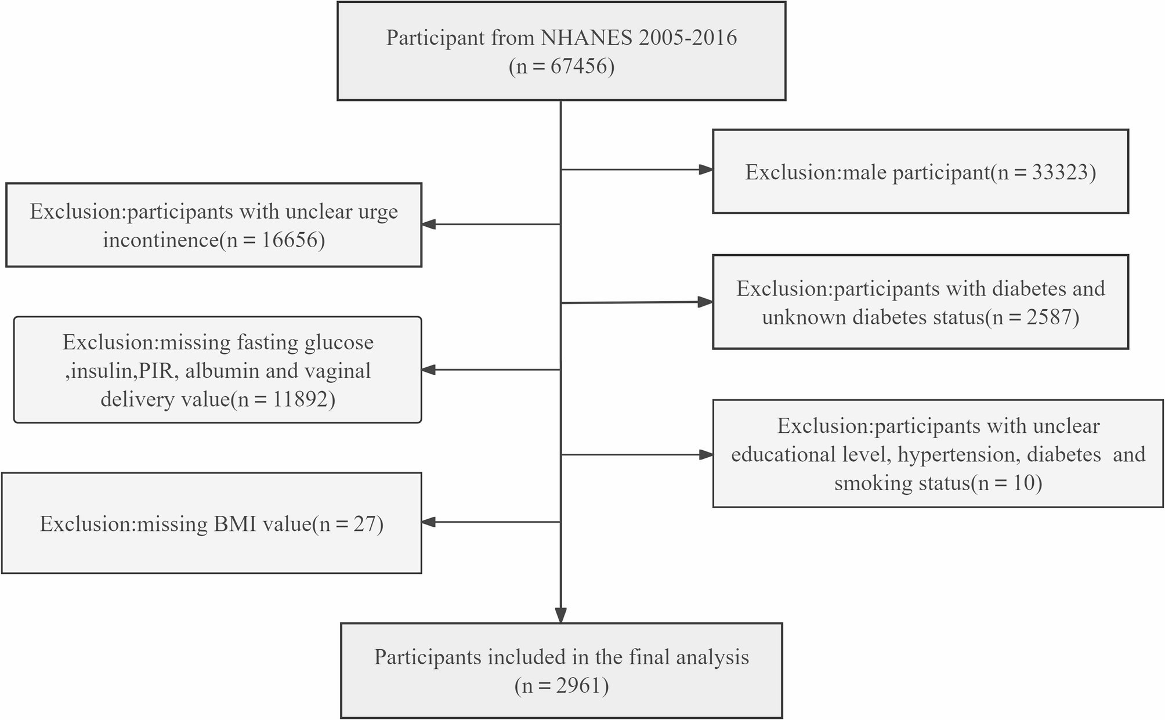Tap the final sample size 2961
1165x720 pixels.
tap(577, 686)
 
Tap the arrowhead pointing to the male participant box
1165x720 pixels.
tap(705, 170)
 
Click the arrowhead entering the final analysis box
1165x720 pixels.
tap(560, 615)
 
